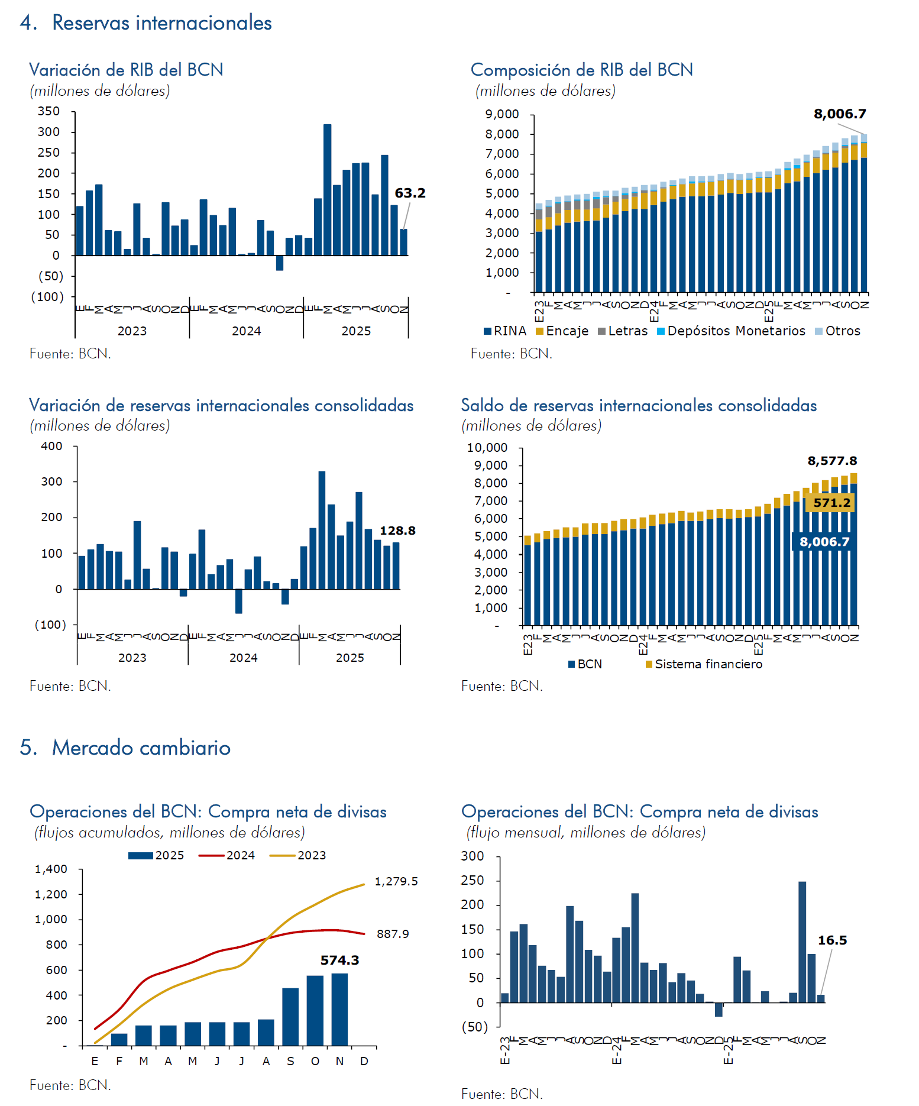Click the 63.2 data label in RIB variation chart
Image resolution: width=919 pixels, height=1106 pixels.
(410, 193)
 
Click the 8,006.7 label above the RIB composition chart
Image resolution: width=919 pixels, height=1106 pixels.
(840, 114)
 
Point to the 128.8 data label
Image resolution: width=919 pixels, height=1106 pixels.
(397, 531)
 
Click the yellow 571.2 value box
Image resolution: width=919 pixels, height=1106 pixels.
(831, 503)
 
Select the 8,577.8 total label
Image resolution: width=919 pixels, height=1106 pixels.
(832, 461)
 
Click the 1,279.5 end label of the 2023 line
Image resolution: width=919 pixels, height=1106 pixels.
(396, 881)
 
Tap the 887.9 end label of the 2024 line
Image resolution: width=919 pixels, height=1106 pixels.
(393, 934)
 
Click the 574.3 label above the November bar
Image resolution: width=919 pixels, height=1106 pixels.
(339, 960)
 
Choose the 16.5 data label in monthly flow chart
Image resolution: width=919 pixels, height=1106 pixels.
(832, 940)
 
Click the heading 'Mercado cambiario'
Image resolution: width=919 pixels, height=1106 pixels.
(141, 748)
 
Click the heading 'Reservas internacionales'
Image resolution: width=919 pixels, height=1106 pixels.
(161, 22)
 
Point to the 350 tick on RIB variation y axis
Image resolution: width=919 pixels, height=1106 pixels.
(48, 111)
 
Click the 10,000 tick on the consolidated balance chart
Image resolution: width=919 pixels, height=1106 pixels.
(487, 448)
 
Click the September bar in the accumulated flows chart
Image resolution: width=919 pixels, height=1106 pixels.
(290, 1016)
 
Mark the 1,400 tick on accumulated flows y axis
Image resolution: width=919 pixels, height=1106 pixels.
(51, 869)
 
